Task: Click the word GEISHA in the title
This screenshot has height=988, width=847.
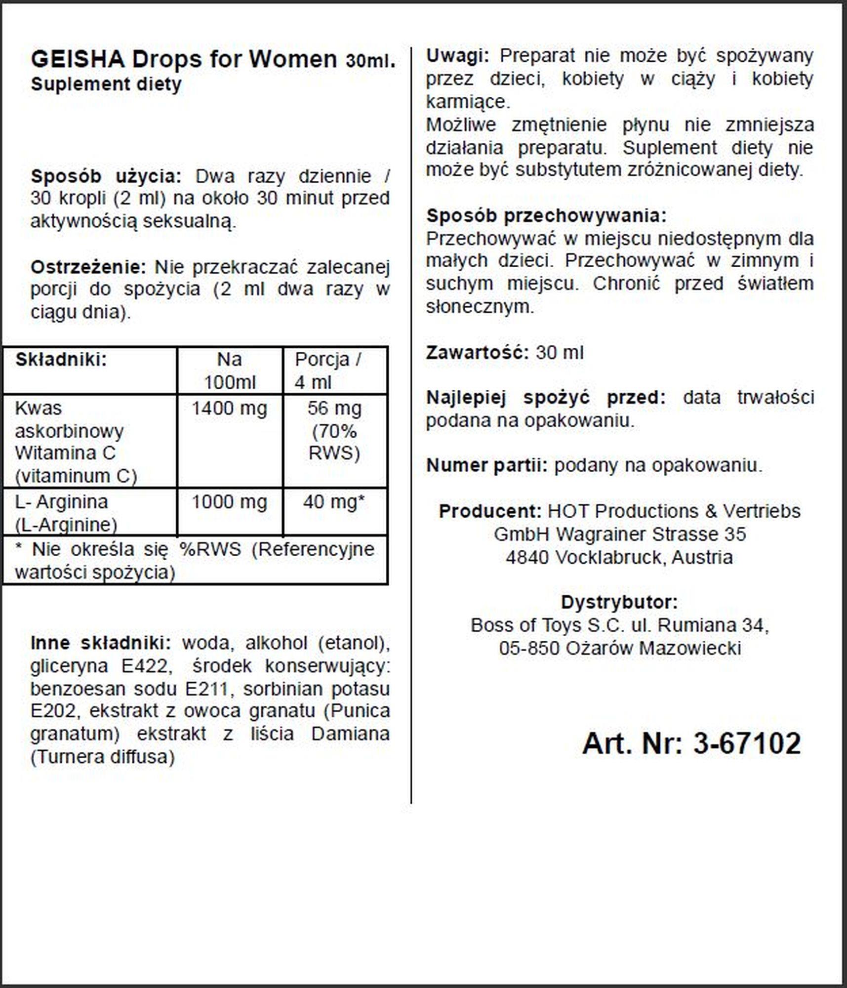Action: point(78,59)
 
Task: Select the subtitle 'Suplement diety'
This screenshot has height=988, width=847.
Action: point(106,84)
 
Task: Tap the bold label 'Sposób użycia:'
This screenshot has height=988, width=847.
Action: point(106,176)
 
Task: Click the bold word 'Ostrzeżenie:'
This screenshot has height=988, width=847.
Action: point(88,267)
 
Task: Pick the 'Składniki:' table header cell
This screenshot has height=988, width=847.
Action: point(61,360)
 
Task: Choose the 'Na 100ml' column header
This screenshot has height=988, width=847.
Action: point(230,370)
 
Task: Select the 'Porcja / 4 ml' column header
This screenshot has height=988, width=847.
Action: point(328,370)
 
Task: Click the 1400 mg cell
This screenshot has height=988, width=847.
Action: point(230,409)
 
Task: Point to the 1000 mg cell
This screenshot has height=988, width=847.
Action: point(230,502)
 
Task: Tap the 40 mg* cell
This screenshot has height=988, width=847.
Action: point(334,502)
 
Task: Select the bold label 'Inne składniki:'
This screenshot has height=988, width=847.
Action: point(101,643)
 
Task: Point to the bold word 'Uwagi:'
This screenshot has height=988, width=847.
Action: point(457,56)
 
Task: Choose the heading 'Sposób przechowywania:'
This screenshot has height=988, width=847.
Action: point(546,215)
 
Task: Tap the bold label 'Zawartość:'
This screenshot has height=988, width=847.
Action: point(477,353)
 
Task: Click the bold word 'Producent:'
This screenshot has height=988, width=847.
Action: point(490,511)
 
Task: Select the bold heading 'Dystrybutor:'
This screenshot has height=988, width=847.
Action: point(619,602)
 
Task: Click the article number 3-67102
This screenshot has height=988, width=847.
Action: point(747,743)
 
